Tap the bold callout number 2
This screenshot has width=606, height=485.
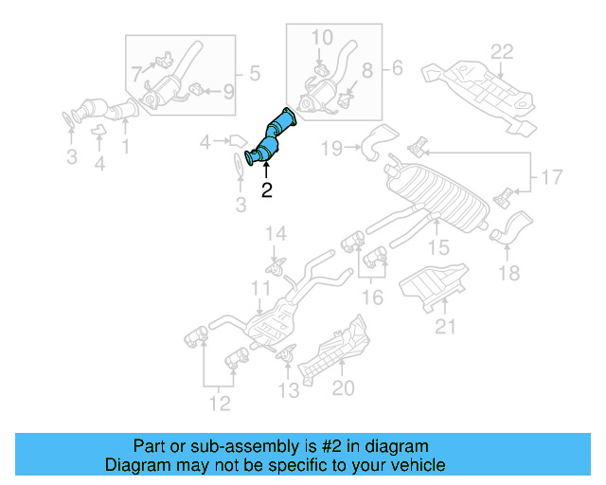point(266,190)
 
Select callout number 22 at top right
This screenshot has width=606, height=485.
point(501,51)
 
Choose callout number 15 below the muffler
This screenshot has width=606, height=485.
point(437,248)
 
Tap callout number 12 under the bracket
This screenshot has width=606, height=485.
point(219,405)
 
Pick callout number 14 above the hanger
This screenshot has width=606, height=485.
point(275,233)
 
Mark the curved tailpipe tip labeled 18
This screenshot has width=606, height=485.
point(514,228)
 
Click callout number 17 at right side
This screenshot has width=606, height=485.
point(550,175)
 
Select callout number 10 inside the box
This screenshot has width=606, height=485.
point(322,37)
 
